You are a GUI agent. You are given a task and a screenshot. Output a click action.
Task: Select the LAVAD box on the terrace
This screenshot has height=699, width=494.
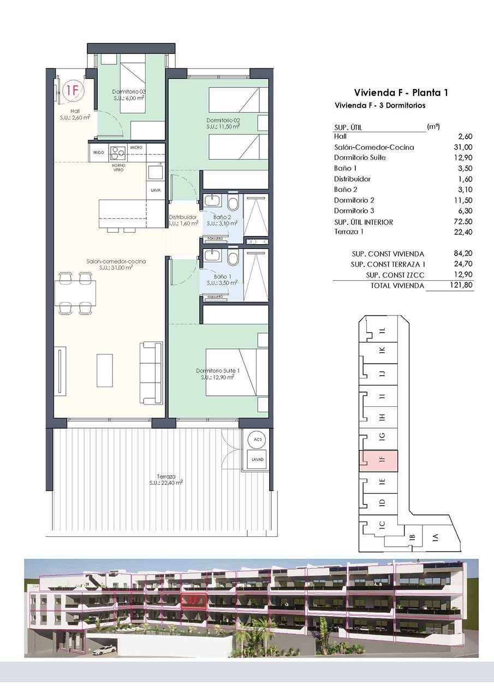point(257,459)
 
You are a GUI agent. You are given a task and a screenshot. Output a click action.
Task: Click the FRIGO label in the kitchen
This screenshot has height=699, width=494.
point(99,152)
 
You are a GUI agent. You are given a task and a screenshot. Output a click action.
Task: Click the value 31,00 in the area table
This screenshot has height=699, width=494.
point(463,147)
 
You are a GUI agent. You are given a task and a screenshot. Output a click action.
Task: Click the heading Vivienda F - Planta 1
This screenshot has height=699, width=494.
point(401,92)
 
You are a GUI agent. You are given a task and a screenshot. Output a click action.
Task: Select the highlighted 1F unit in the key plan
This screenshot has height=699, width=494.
point(379,461)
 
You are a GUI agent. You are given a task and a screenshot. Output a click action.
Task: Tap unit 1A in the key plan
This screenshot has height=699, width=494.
point(435,537)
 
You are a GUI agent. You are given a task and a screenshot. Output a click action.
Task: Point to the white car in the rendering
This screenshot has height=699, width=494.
point(104,650)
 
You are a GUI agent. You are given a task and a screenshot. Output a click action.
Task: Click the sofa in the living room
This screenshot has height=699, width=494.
point(151,372)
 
